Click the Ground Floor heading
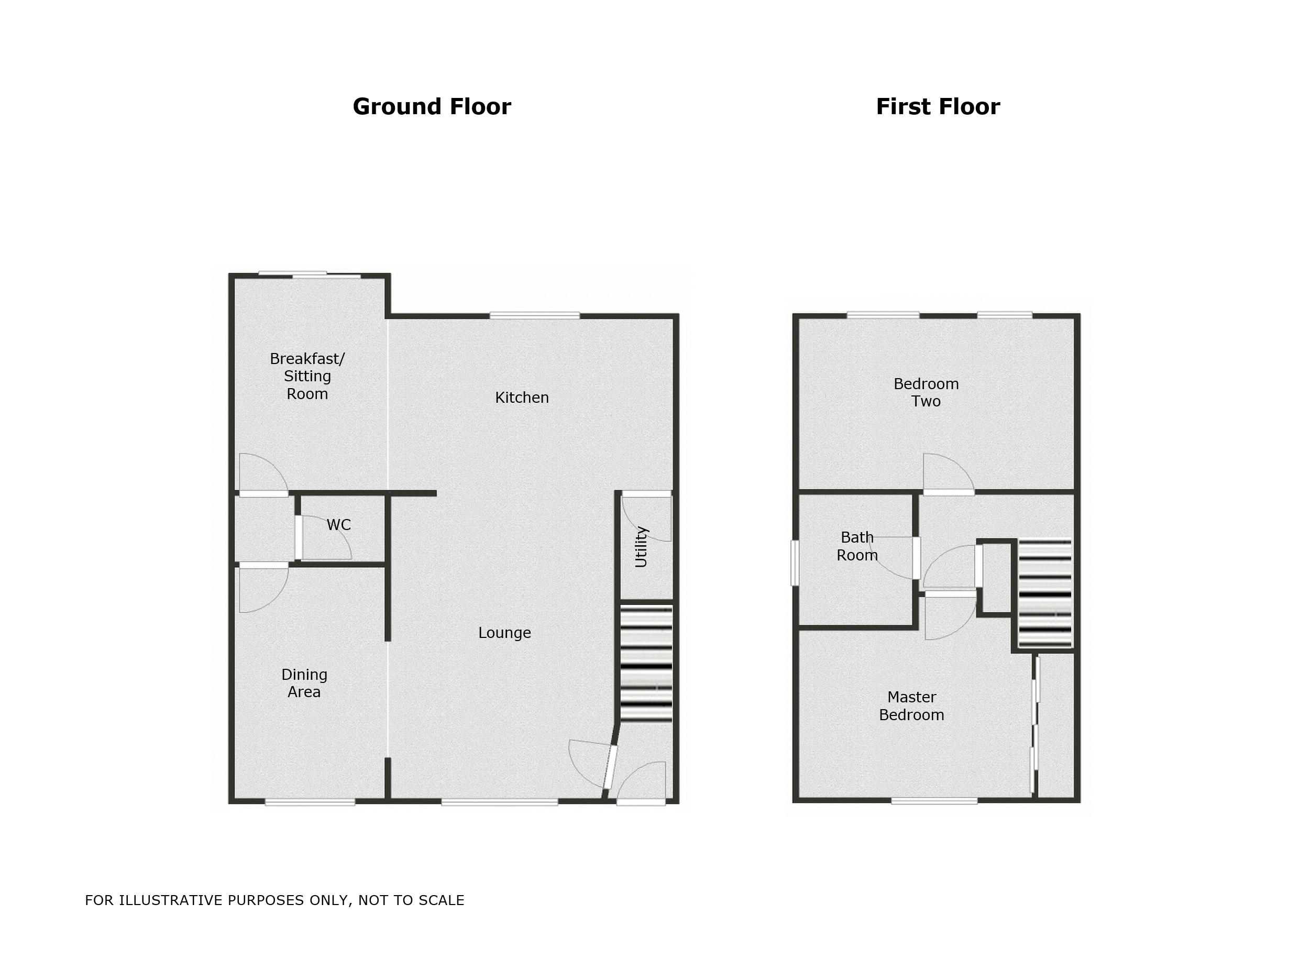pyautogui.click(x=431, y=107)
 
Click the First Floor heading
pyautogui.click(x=938, y=107)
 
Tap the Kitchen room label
pyautogui.click(x=521, y=398)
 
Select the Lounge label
pyautogui.click(x=504, y=633)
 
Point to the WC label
pyautogui.click(x=338, y=525)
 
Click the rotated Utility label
pyautogui.click(x=641, y=546)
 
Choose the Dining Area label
pyautogui.click(x=304, y=684)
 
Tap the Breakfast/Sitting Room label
pyautogui.click(x=307, y=376)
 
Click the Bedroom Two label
pyautogui.click(x=926, y=392)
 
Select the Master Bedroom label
pyautogui.click(x=911, y=706)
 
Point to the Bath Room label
pyautogui.click(x=857, y=546)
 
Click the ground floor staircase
pyautogui.click(x=646, y=664)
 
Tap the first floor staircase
pyautogui.click(x=1045, y=593)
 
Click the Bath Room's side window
pyautogui.click(x=795, y=563)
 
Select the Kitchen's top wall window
pyautogui.click(x=535, y=315)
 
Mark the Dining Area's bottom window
pyautogui.click(x=310, y=802)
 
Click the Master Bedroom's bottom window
pyautogui.click(x=934, y=801)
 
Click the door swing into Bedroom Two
pyautogui.click(x=947, y=473)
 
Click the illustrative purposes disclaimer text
pyautogui.click(x=274, y=900)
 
